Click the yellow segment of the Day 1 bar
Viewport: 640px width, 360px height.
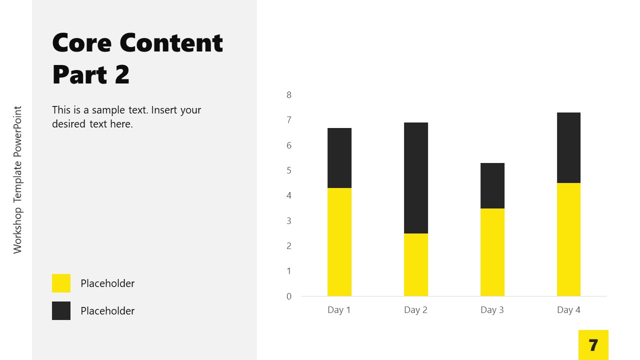click(339, 242)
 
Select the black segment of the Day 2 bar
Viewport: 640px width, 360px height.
click(415, 178)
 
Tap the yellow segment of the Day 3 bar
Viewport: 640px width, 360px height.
click(492, 252)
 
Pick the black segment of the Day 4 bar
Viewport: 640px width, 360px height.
click(568, 147)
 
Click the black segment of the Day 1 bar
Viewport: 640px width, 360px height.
click(339, 158)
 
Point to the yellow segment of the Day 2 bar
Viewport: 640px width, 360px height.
click(415, 264)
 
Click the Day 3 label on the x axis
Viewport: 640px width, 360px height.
click(492, 310)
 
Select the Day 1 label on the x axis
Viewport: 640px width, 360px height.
click(339, 310)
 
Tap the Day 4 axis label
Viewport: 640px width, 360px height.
click(568, 310)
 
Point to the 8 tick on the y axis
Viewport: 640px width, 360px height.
click(289, 95)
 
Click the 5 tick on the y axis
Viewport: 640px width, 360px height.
click(289, 170)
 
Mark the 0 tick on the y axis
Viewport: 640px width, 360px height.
click(289, 296)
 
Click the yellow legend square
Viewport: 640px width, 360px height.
click(61, 283)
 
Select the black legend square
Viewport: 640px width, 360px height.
click(61, 310)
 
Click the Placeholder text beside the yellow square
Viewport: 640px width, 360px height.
click(107, 283)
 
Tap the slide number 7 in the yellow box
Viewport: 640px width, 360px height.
click(593, 345)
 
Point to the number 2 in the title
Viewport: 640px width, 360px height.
click(122, 75)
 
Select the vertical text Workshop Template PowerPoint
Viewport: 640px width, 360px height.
click(18, 179)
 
